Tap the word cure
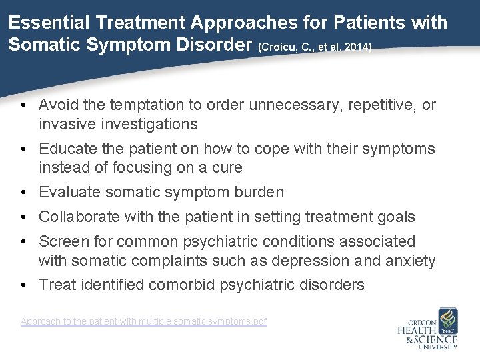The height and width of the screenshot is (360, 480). point(229,167)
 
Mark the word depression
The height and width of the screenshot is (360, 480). point(307,261)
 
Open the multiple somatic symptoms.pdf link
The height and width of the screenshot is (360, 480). point(143,322)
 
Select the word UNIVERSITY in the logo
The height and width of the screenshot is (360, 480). point(437,346)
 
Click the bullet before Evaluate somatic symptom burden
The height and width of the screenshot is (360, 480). point(23,193)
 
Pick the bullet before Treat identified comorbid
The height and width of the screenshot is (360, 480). point(23,285)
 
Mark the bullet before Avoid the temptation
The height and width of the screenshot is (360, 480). point(23,105)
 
